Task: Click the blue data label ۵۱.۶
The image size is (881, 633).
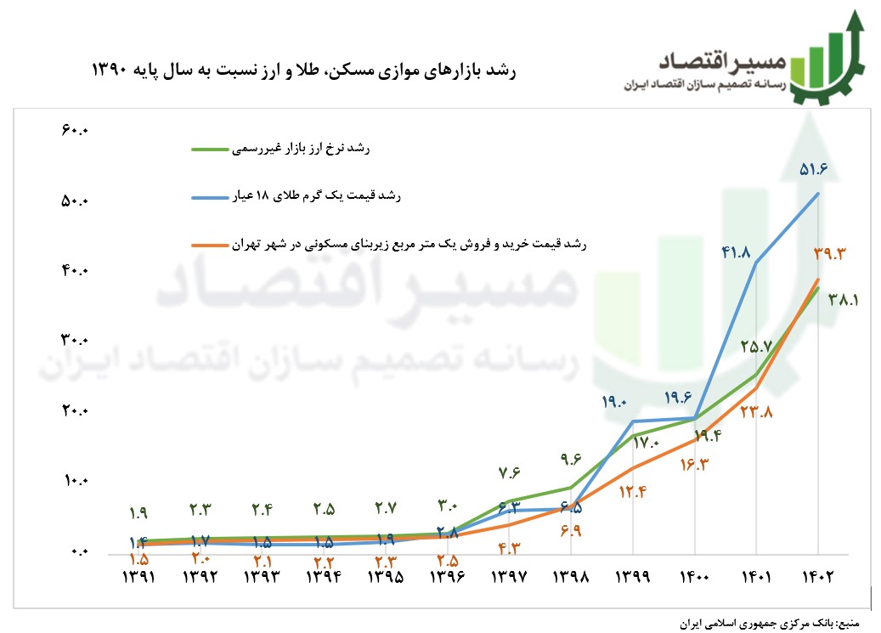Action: (x=813, y=170)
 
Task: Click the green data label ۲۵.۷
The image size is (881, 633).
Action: (x=755, y=346)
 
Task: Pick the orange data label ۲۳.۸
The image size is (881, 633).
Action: (x=755, y=413)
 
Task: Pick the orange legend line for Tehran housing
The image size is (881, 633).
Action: (x=211, y=245)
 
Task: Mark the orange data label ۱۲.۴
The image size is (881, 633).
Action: (x=634, y=491)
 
